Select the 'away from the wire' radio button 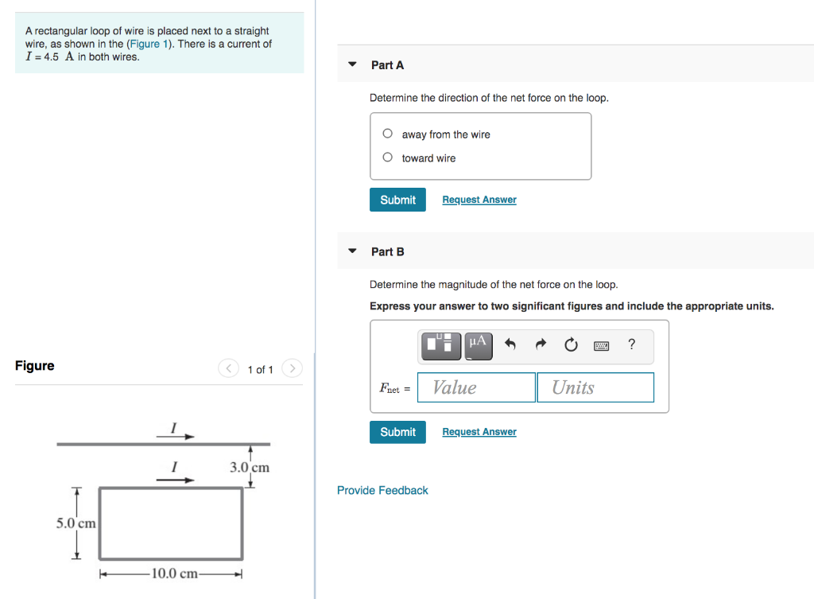click(x=387, y=134)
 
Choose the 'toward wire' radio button click(x=387, y=158)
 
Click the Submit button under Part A click(x=397, y=200)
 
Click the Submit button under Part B click(x=397, y=432)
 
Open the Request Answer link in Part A click(x=479, y=200)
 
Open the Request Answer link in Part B click(x=479, y=432)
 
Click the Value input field click(x=476, y=387)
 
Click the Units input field click(x=595, y=387)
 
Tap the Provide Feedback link click(x=382, y=490)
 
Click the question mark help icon click(x=631, y=344)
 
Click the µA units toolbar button click(x=478, y=344)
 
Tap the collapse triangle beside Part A click(x=352, y=64)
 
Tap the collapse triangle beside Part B click(x=352, y=251)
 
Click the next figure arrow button click(x=292, y=369)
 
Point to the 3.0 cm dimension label click(x=250, y=468)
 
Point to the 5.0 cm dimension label click(x=76, y=523)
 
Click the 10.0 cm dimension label click(x=175, y=574)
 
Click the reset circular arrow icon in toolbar click(x=571, y=344)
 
